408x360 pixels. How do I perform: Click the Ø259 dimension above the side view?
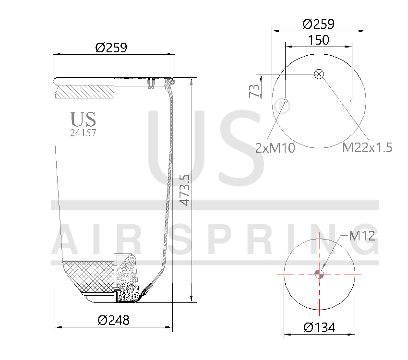[x=111, y=48]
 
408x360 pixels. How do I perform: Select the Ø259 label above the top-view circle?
[x=319, y=24]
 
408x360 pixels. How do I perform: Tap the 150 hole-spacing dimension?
[x=319, y=40]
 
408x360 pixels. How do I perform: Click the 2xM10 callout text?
[x=275, y=148]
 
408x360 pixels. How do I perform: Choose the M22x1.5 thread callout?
[x=367, y=148]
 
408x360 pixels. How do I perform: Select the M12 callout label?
[x=362, y=236]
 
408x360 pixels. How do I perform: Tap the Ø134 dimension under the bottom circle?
[x=319, y=328]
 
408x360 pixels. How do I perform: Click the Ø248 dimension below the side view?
[x=114, y=320]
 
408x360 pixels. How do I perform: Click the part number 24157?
[x=83, y=133]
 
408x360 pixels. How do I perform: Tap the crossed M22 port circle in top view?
[x=319, y=74]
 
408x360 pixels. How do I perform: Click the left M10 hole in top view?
[x=286, y=101]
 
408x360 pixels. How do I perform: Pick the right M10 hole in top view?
[x=352, y=101]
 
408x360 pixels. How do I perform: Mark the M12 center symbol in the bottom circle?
[x=319, y=274]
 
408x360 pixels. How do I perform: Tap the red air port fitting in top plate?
[x=151, y=83]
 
